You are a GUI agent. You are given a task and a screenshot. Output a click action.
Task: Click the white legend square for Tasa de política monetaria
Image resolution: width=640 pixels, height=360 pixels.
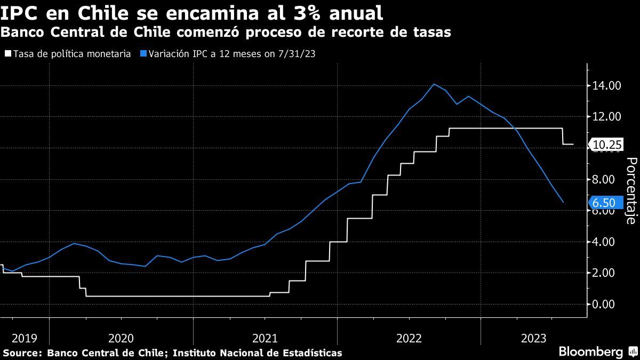coord(7,54)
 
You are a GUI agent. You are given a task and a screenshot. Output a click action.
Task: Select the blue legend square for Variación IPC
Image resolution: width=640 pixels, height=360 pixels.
coord(143,54)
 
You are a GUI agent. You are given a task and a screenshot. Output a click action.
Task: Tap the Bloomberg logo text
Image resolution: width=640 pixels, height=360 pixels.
coord(590,352)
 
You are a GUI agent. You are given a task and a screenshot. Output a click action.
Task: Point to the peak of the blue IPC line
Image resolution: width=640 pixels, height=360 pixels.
coord(433,84)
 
